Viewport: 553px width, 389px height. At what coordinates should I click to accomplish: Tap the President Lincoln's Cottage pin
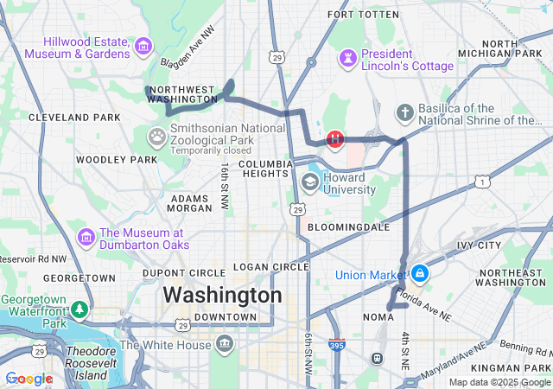point(348,59)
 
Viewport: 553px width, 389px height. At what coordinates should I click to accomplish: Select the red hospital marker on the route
point(335,138)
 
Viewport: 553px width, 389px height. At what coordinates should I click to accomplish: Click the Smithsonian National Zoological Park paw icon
point(156,135)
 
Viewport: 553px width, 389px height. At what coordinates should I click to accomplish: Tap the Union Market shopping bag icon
point(419,274)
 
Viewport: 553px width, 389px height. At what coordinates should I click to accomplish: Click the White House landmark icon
point(225,345)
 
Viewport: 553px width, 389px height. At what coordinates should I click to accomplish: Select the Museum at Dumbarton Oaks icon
point(86,237)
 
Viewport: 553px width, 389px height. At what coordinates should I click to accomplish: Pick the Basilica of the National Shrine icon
point(404,113)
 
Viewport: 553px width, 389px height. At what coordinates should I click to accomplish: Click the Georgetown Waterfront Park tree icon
point(79,309)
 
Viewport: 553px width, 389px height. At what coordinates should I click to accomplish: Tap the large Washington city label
point(222,295)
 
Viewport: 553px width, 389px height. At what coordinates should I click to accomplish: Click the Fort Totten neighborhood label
point(363,15)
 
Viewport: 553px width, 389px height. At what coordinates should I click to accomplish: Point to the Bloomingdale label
point(348,226)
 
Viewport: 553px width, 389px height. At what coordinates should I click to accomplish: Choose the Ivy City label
point(480,246)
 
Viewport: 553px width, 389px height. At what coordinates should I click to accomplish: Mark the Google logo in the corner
point(29,379)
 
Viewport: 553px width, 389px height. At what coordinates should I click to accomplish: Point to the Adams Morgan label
point(189,202)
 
